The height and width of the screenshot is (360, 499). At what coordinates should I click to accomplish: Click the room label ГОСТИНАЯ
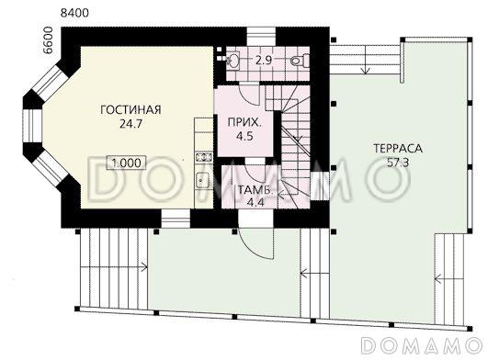click(130, 109)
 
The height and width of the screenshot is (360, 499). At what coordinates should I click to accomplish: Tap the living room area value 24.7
click(130, 124)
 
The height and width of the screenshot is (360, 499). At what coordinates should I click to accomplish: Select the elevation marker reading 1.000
click(127, 163)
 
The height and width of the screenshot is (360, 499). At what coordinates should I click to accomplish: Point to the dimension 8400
click(74, 13)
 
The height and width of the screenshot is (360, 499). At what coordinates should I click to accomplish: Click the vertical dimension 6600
click(48, 40)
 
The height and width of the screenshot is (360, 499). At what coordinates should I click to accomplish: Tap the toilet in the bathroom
click(300, 61)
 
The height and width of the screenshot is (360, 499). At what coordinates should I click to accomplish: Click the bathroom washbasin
click(233, 61)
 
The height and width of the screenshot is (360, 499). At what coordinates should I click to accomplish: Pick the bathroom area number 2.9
click(264, 61)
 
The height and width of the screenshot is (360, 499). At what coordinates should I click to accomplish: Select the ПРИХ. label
click(244, 122)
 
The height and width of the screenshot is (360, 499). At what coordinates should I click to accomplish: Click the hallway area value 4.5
click(244, 137)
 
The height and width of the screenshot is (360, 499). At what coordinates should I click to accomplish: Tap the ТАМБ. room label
click(255, 190)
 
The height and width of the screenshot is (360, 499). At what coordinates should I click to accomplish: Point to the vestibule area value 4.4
click(255, 203)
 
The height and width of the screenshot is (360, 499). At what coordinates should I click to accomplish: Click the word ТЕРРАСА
click(398, 149)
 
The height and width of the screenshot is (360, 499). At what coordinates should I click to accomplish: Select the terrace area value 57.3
click(398, 163)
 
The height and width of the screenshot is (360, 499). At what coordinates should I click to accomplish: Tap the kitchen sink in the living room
click(202, 180)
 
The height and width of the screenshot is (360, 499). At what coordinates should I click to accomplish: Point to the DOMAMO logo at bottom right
click(422, 344)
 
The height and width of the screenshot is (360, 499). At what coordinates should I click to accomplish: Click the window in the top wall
click(261, 37)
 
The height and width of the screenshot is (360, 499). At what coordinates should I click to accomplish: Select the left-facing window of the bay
click(33, 127)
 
